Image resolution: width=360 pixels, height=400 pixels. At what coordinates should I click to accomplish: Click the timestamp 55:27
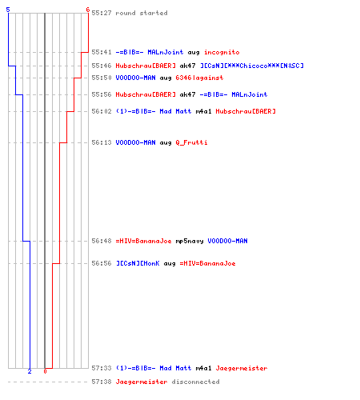point(102,13)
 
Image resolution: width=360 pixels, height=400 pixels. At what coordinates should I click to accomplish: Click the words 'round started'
point(142,13)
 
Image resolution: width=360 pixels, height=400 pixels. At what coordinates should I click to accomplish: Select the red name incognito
point(222,52)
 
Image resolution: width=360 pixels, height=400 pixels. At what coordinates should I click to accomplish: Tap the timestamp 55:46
point(102,66)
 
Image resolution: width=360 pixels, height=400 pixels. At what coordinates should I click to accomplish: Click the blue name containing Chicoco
point(252,66)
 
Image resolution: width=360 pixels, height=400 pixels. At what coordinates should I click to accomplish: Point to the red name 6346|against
point(199,78)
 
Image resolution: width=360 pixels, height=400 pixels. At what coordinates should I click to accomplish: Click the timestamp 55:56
point(102,94)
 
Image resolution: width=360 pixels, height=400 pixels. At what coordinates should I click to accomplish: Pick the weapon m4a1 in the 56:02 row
point(203,111)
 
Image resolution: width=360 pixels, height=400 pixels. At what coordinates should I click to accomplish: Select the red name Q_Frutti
point(191,142)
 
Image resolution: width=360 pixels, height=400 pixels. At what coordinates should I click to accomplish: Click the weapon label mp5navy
point(190,242)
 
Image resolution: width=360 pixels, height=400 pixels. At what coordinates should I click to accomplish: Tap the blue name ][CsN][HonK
point(138,263)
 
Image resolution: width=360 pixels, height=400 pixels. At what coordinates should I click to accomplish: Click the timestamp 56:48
point(102,241)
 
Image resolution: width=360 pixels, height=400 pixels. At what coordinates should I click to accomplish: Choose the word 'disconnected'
point(195,382)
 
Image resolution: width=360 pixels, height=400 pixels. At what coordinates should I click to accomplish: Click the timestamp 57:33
point(102,368)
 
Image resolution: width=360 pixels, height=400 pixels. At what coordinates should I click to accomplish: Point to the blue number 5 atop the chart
point(8,10)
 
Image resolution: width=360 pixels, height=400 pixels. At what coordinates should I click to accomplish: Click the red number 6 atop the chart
point(88,10)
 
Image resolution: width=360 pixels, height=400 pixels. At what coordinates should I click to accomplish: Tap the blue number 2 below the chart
point(30,371)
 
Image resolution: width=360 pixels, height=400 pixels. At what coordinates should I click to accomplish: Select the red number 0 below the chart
point(45,371)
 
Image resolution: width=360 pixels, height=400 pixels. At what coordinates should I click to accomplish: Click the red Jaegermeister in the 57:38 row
point(142,382)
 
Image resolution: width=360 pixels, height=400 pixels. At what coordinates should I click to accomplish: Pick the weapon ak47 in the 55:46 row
point(187,66)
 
